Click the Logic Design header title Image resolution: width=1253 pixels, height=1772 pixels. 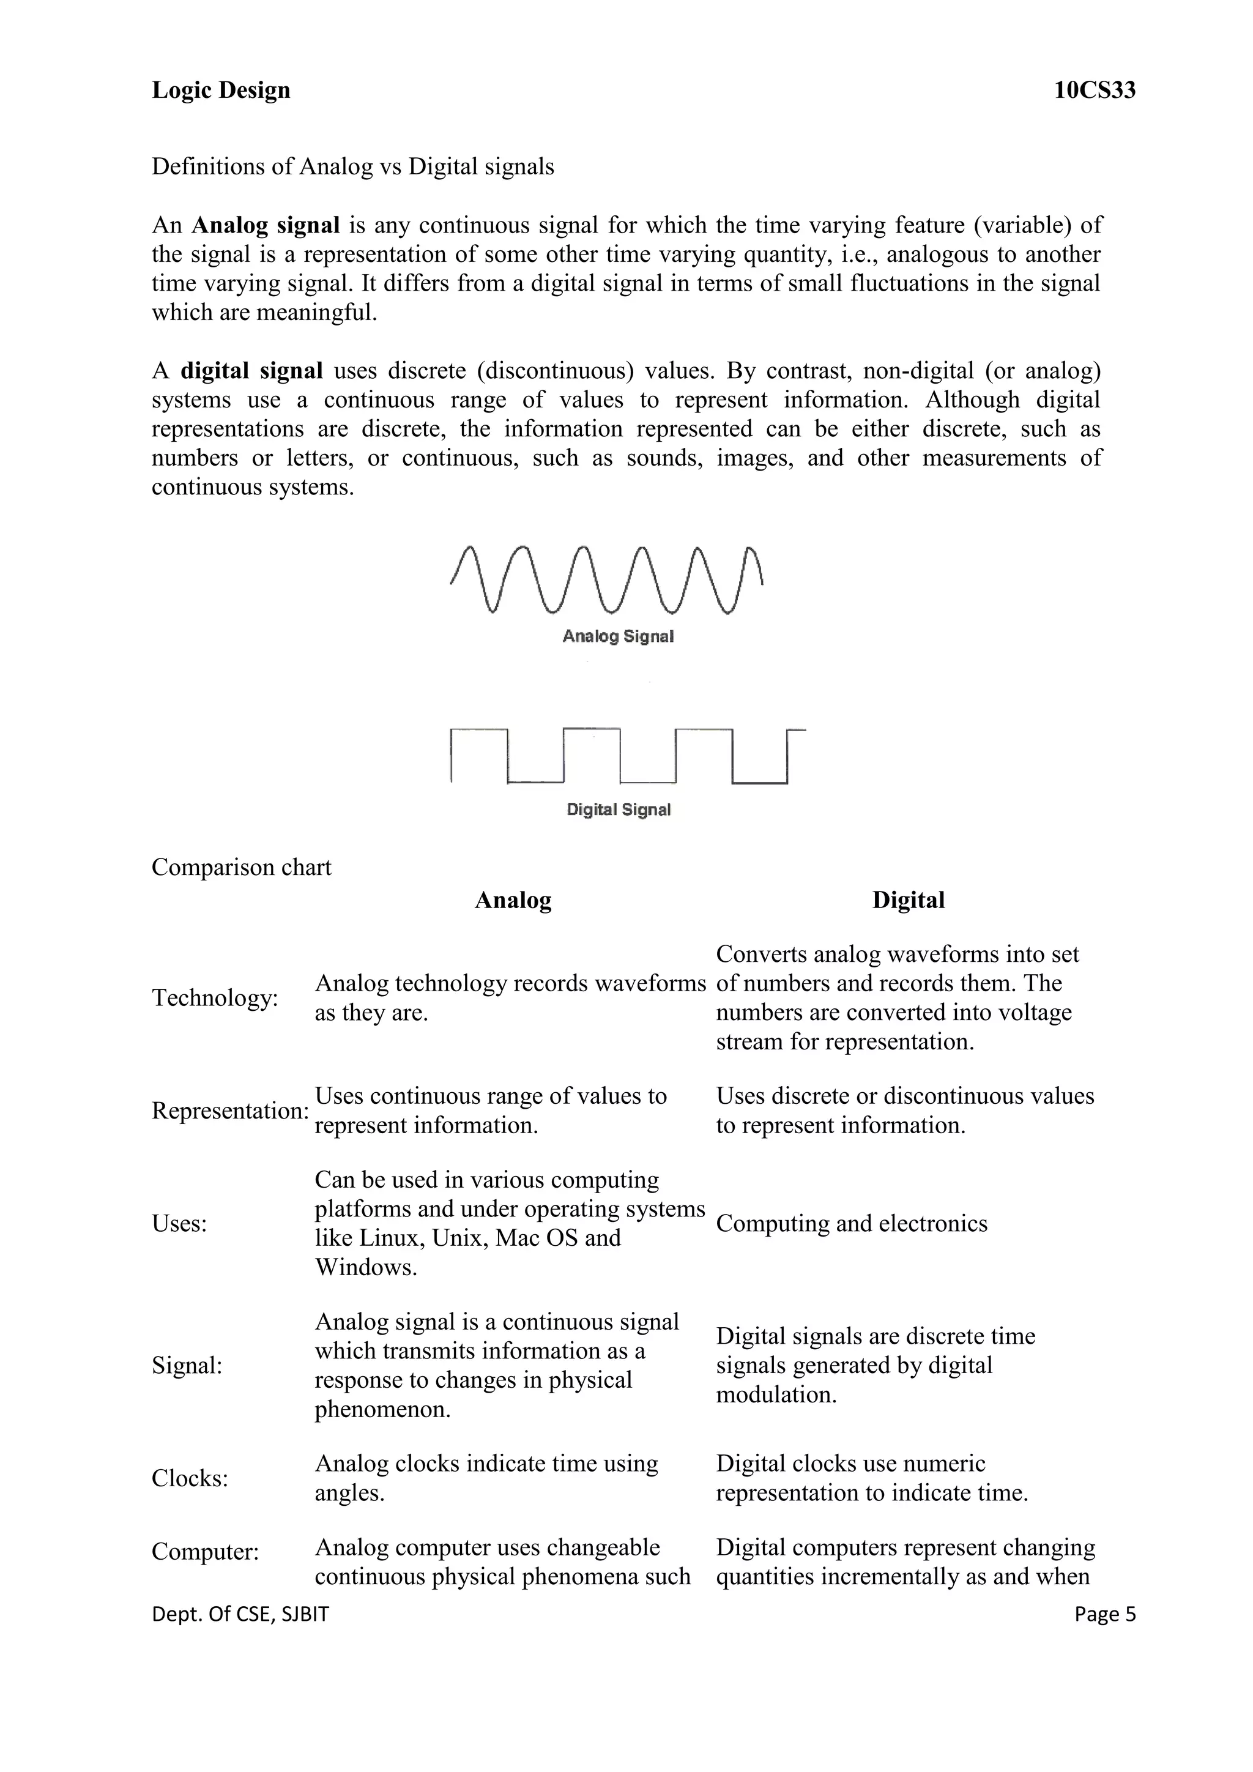tap(221, 91)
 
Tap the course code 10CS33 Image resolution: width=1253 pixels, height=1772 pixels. tap(1094, 91)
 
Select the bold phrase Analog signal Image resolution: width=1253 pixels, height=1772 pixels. tap(266, 225)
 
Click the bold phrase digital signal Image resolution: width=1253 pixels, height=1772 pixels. tap(251, 371)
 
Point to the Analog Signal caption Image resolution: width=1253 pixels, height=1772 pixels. tap(618, 637)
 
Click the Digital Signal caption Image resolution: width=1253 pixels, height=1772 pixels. tap(618, 810)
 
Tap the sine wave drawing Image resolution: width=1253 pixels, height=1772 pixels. tap(606, 581)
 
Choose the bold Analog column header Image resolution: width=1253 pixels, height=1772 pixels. tap(513, 900)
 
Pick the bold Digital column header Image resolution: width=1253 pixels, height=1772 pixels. tap(908, 900)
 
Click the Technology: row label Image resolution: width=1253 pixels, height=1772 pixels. tap(215, 998)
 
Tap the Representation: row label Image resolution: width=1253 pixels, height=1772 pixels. tap(229, 1111)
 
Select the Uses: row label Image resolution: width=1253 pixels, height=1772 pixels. tap(179, 1223)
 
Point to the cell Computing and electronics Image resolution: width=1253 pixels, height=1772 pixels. tap(851, 1223)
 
